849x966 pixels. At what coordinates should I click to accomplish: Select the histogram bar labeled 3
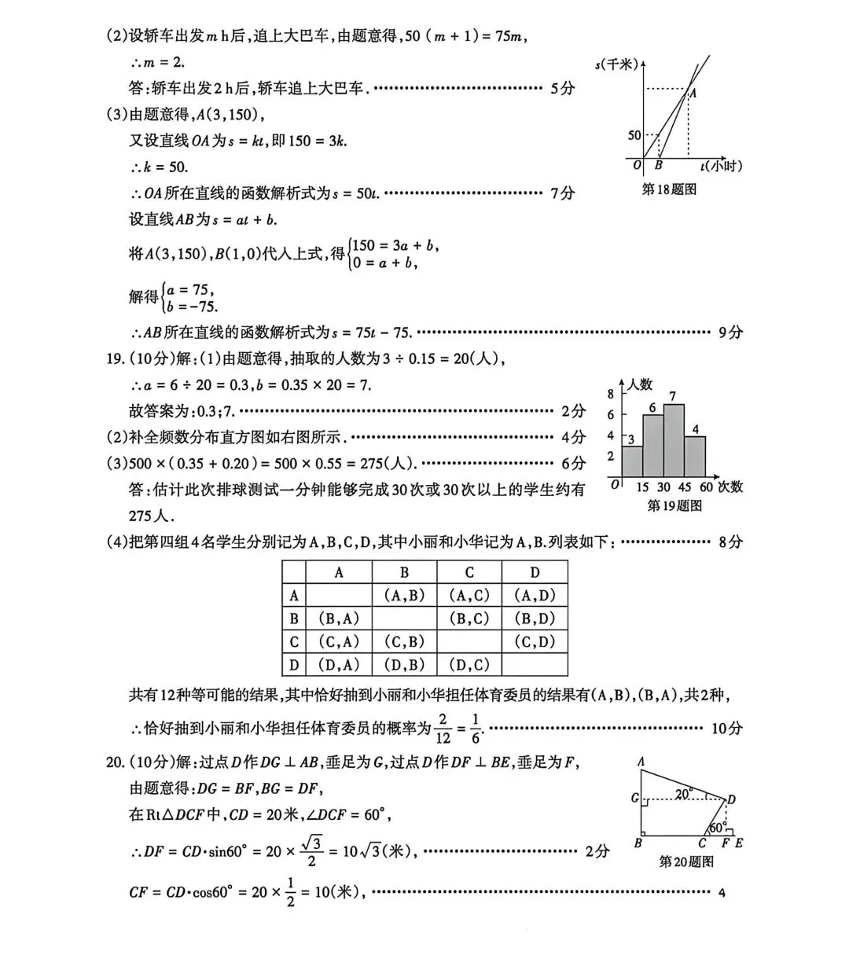(x=632, y=460)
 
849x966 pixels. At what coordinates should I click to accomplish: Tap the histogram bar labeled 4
(x=695, y=456)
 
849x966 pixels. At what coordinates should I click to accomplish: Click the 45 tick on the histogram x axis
(x=685, y=487)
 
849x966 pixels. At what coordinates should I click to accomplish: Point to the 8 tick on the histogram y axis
(x=611, y=394)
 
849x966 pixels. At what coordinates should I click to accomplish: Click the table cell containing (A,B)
(x=404, y=596)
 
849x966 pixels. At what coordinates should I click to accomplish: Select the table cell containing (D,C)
(x=469, y=665)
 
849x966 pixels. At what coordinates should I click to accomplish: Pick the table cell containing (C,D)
(x=534, y=642)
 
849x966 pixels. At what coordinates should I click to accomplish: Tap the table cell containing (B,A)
(x=339, y=619)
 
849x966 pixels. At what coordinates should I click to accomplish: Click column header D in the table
(x=534, y=572)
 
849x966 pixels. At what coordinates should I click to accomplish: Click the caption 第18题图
(x=669, y=189)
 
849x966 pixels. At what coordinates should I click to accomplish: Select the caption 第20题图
(x=685, y=861)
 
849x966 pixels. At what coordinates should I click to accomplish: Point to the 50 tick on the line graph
(x=634, y=136)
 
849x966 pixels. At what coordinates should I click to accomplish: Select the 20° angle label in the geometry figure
(x=683, y=794)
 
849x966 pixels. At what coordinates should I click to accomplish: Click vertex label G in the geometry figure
(x=634, y=799)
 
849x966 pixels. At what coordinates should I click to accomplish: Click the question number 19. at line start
(x=116, y=359)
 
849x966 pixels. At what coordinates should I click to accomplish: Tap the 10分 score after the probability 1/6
(x=726, y=728)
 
